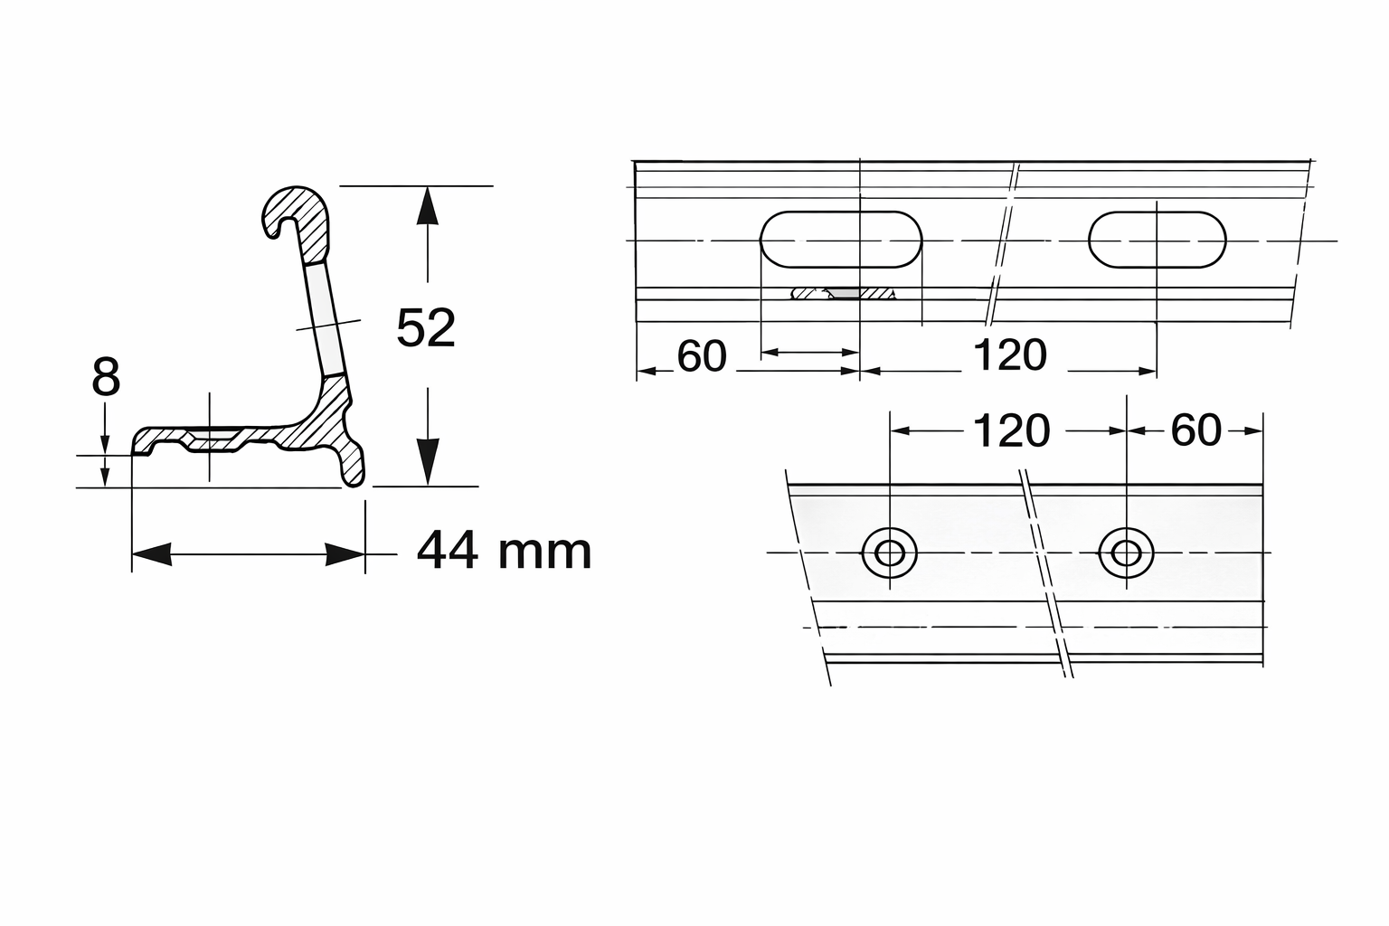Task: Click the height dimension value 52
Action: [x=426, y=328]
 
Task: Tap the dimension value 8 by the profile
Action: [x=106, y=377]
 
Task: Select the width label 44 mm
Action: [x=504, y=551]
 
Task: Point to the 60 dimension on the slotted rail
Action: [x=702, y=356]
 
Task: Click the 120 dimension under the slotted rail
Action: [x=1009, y=355]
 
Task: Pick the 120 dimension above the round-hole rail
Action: [x=1011, y=431]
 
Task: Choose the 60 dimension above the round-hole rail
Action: [x=1195, y=430]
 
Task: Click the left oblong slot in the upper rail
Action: [x=841, y=240]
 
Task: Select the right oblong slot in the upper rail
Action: [x=1157, y=240]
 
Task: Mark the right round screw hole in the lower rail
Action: [x=1127, y=552]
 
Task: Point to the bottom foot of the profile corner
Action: [x=354, y=466]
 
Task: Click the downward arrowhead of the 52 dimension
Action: [x=427, y=463]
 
